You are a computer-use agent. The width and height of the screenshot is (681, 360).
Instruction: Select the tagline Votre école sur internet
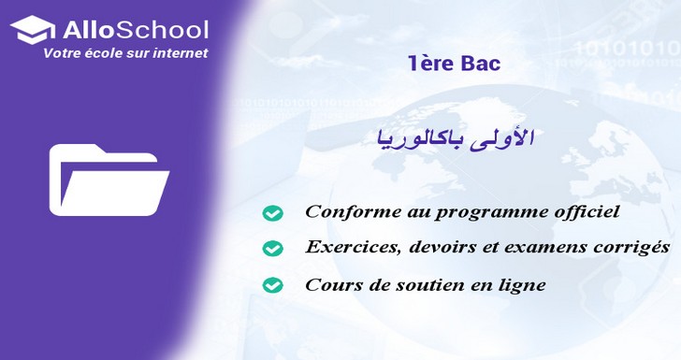[125, 54]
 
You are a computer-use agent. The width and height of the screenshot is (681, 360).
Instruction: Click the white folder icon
[109, 180]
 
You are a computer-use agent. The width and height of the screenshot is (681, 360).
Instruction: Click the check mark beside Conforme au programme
[272, 213]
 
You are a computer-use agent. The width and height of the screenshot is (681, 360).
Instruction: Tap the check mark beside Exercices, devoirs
[272, 249]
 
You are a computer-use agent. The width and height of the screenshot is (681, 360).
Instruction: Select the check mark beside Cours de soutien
[272, 284]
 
